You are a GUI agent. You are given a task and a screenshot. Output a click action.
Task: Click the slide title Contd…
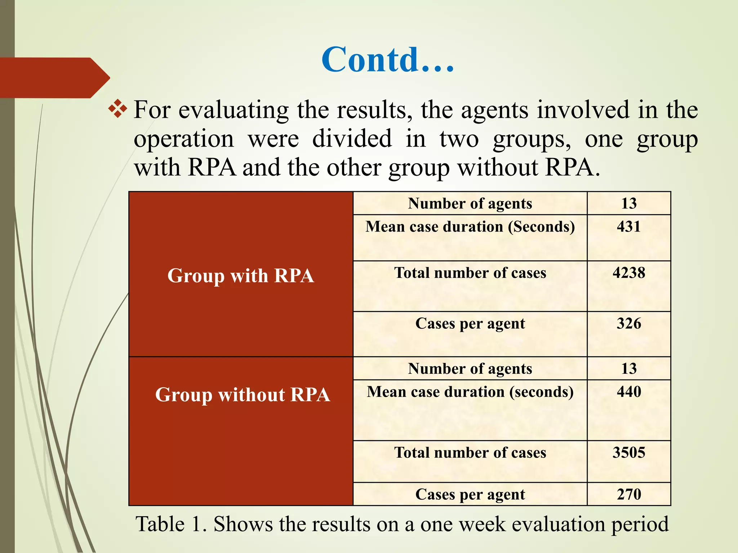click(x=388, y=60)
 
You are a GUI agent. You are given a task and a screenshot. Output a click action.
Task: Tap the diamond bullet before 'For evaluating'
click(x=117, y=109)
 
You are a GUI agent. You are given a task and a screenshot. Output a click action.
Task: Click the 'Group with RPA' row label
click(x=241, y=276)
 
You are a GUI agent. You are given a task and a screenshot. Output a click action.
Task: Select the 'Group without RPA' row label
click(x=243, y=395)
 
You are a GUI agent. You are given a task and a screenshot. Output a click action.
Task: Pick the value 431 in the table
click(x=629, y=227)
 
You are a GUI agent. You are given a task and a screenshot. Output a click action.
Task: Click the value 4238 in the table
click(x=629, y=273)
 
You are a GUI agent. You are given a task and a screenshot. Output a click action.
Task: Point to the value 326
click(x=629, y=324)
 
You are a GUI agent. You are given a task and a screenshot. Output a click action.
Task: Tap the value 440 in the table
click(x=629, y=392)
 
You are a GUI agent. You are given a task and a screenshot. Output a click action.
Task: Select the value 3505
click(x=629, y=453)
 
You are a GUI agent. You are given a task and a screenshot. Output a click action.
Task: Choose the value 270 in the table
click(x=629, y=494)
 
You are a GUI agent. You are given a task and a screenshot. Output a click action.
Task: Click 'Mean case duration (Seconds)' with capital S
click(x=470, y=227)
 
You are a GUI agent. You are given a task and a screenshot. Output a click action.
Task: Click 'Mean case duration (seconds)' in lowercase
click(x=470, y=392)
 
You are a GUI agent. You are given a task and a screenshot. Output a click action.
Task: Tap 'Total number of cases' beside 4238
click(x=470, y=273)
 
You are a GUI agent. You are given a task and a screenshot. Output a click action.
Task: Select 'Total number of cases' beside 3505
click(x=470, y=453)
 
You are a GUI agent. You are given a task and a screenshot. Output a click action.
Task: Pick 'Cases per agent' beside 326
click(x=470, y=324)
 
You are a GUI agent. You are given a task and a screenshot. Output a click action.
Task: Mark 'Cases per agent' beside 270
click(x=470, y=494)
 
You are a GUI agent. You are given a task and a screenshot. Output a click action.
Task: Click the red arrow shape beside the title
click(x=54, y=78)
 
